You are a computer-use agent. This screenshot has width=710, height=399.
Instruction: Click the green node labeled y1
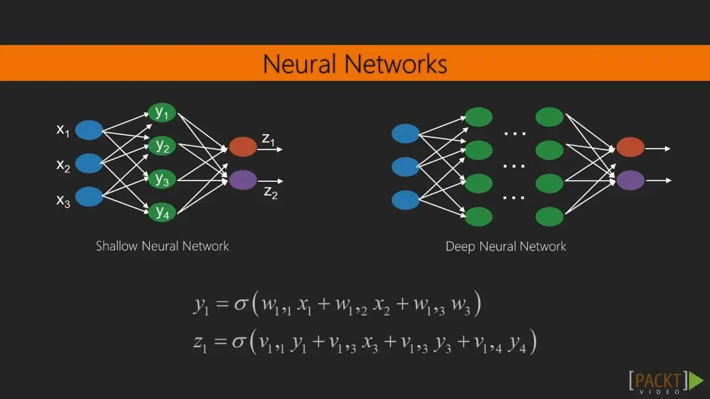pos(162,113)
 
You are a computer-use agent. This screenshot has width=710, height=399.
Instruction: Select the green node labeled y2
pos(162,146)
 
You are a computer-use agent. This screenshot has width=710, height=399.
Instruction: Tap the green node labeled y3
pos(162,179)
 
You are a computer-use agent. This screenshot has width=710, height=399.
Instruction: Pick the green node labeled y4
pos(162,212)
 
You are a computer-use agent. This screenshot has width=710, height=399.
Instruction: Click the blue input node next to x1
pos(89,130)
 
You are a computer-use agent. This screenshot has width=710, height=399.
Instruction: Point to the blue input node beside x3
pos(89,197)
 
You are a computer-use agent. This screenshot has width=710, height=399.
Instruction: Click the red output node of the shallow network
pos(243,147)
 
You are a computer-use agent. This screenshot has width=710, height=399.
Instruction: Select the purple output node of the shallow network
pos(243,180)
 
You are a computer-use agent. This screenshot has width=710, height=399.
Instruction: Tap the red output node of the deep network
pos(631,147)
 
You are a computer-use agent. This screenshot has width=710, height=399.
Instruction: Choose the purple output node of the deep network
pos(631,180)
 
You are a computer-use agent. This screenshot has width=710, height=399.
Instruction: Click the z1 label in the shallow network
pos(268,140)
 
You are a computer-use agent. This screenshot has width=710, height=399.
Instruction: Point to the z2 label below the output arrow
pos(271,193)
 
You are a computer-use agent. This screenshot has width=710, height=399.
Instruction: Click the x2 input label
pos(63,165)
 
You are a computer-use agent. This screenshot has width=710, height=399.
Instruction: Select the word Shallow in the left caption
pos(115,246)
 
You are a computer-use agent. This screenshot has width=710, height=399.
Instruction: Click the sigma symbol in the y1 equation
pos(239,305)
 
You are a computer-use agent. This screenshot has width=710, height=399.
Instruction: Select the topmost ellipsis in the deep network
pos(514,133)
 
